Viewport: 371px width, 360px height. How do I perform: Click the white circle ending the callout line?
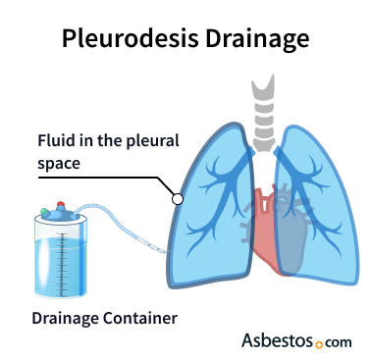178,198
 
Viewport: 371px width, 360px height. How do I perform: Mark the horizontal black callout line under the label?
108,177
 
